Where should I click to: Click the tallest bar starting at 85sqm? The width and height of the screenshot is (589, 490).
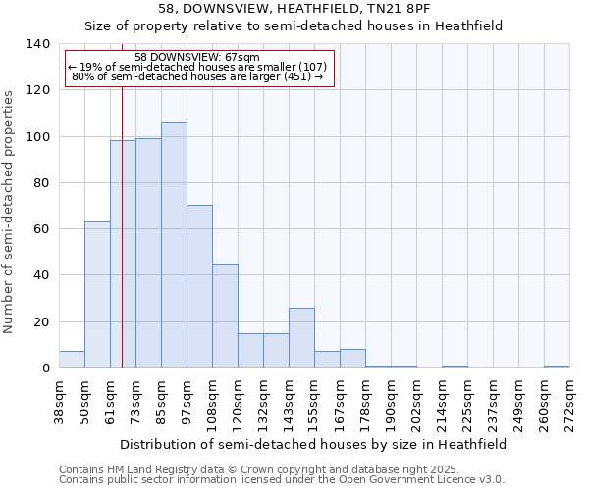(174, 245)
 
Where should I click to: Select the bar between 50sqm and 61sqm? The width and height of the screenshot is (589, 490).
(97, 295)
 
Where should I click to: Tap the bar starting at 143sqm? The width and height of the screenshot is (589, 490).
(301, 338)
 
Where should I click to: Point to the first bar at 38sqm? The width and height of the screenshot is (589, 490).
(72, 360)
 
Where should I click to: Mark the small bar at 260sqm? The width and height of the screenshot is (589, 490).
(557, 367)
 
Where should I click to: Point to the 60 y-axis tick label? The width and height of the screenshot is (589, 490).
(40, 229)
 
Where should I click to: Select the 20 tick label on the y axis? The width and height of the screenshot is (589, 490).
(40, 321)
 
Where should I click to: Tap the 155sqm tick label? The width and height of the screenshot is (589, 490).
(314, 404)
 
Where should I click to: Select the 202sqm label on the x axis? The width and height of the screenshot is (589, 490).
(416, 404)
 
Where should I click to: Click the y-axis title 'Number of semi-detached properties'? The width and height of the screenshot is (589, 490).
(10, 211)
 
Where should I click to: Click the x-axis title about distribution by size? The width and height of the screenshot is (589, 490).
(314, 444)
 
